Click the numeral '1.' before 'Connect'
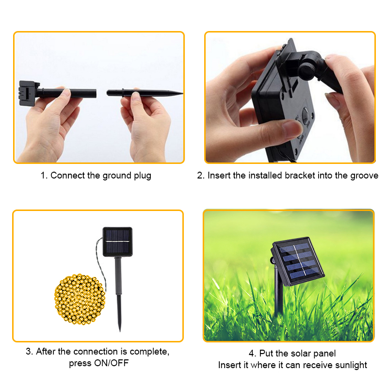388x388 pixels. click(44, 176)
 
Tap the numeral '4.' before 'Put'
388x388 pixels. click(252, 354)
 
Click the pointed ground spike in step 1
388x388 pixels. click(145, 93)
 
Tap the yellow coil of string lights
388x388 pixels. click(80, 299)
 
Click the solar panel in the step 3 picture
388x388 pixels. click(117, 242)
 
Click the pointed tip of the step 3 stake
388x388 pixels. click(120, 331)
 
